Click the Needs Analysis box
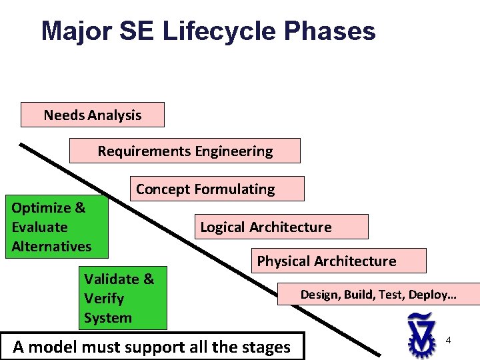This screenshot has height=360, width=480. (92, 115)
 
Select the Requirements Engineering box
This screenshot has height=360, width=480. (185, 151)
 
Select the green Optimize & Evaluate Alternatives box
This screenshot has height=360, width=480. (57, 227)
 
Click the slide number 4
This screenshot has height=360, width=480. (449, 341)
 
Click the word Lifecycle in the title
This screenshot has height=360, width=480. (218, 31)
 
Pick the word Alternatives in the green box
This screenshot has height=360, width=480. (51, 246)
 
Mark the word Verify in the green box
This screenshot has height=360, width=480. (104, 299)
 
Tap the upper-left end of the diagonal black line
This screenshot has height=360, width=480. (21, 144)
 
